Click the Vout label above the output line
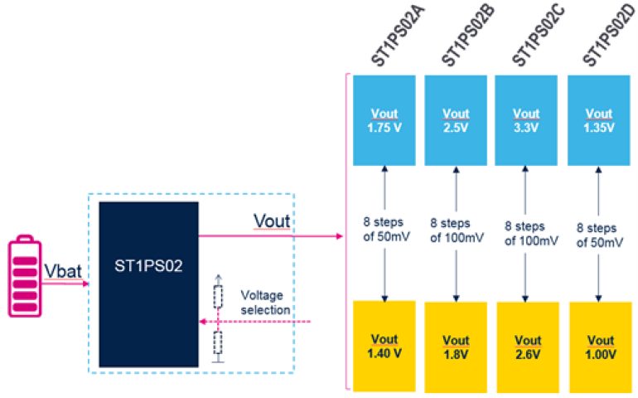click(272, 223)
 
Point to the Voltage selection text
click(265, 302)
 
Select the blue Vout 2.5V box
click(456, 119)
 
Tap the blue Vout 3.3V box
click(526, 119)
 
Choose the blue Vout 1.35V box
click(598, 119)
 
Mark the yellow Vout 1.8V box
click(456, 347)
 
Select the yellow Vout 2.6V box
click(526, 347)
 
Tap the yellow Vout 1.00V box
click(598, 347)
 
